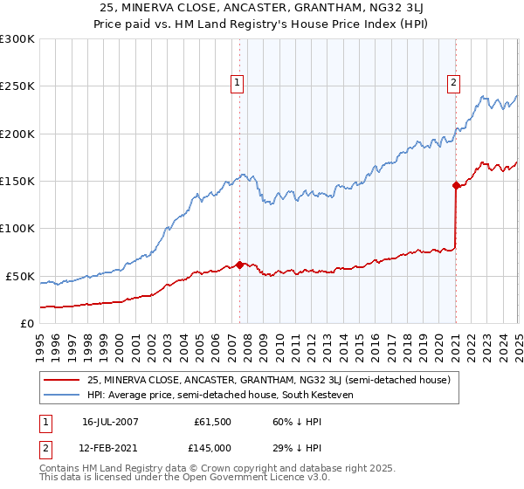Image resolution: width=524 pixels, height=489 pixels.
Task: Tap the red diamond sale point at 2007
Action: pos(239,265)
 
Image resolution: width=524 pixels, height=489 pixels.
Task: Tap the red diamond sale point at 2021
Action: pos(456,185)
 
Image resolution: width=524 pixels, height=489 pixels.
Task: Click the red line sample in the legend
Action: pos(61,381)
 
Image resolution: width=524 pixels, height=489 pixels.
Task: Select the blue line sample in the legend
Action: pos(61,396)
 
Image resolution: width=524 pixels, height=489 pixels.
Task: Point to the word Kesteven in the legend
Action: pos(330,396)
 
